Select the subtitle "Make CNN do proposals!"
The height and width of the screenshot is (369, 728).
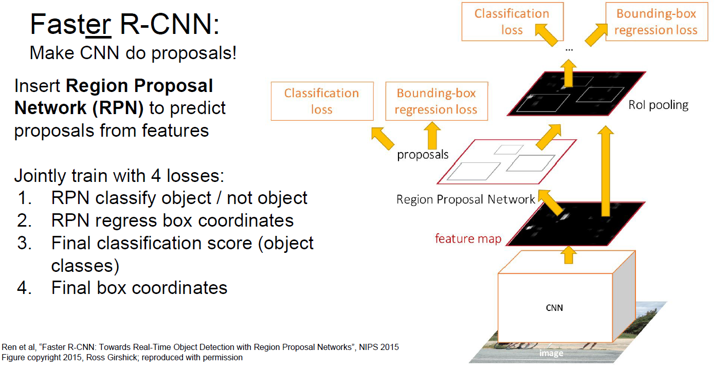coord(133,53)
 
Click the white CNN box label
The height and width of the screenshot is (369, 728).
coord(554,308)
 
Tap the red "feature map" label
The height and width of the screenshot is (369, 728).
coord(467,238)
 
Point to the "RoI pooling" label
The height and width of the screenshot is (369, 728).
coord(658,105)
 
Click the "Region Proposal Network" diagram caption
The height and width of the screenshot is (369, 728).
coord(465,199)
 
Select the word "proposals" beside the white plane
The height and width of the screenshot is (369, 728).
coord(423,154)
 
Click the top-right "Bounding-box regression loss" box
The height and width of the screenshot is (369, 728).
coord(656,22)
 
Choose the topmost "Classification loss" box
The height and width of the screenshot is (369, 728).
coord(512,22)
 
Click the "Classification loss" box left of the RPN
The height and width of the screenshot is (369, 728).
coord(322,101)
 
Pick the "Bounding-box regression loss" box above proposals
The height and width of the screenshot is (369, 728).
coord(436,101)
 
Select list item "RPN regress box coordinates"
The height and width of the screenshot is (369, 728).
coord(172,220)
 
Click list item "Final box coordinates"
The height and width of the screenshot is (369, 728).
coord(139,287)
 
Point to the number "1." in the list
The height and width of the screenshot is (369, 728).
coord(25,198)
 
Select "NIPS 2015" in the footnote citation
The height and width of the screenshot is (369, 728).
coord(380,347)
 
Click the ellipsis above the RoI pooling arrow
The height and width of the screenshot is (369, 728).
coord(569,49)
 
